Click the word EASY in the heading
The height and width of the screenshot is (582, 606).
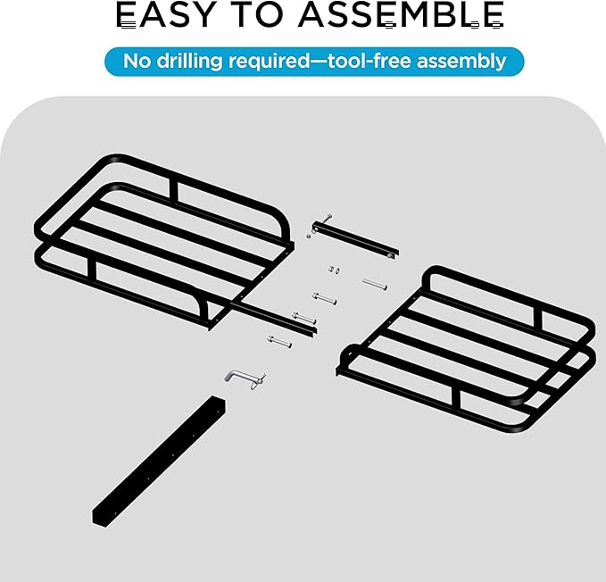tap(165, 14)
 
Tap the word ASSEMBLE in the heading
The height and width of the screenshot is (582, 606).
tap(401, 14)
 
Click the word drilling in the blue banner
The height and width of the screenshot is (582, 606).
tap(190, 61)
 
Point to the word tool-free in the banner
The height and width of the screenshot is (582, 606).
tap(369, 61)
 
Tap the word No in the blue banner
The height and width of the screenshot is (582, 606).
tap(137, 61)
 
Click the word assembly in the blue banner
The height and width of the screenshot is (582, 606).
tap(461, 62)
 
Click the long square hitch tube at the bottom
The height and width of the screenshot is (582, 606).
tap(159, 461)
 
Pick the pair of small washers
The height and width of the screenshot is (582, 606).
tap(335, 270)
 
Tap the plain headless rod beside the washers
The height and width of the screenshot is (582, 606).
tap(375, 285)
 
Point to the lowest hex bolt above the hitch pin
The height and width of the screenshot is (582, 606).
tap(279, 342)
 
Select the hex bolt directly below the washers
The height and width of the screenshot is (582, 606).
tap(324, 299)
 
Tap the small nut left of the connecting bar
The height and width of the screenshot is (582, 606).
tap(309, 236)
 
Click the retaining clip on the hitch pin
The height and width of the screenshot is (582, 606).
tap(258, 380)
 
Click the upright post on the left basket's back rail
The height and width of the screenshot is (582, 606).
tap(173, 192)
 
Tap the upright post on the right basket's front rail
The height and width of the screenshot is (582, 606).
tap(456, 401)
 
